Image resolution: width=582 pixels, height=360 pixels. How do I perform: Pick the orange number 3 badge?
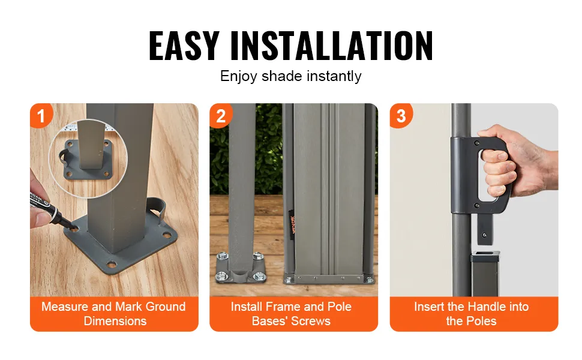click(x=400, y=115)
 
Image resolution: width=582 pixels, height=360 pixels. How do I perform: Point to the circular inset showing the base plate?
click(x=88, y=159)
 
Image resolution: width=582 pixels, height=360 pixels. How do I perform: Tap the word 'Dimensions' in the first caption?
click(x=115, y=321)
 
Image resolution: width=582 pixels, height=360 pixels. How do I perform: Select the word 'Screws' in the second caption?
click(x=310, y=321)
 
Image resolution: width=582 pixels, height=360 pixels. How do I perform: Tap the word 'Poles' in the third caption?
click(x=481, y=321)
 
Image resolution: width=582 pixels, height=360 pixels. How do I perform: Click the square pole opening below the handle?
click(x=485, y=255)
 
